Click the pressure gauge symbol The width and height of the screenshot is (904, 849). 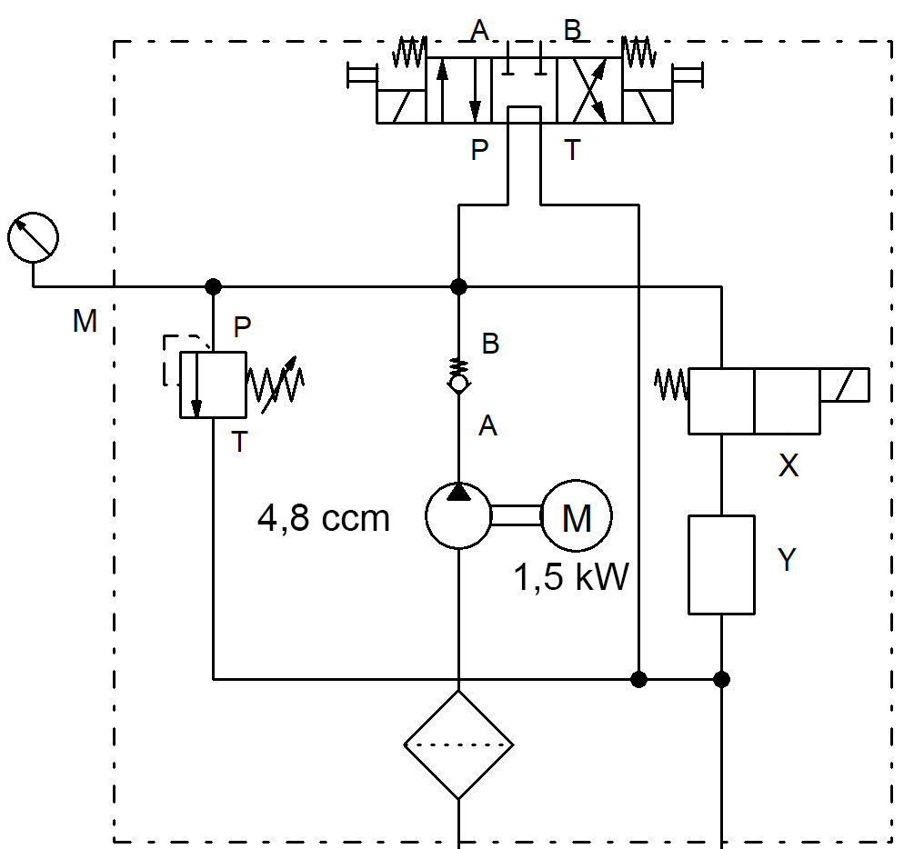(x=33, y=238)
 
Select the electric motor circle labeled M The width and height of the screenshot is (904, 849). (x=577, y=517)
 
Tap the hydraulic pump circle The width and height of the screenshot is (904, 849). (x=458, y=516)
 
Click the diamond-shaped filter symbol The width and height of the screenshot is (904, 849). (x=458, y=745)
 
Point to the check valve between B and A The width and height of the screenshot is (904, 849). (x=458, y=380)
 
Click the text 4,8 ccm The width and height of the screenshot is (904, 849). (x=324, y=518)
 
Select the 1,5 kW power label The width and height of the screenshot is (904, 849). (x=571, y=577)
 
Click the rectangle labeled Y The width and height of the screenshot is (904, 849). (x=721, y=564)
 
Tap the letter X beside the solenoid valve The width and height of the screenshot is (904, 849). (x=788, y=466)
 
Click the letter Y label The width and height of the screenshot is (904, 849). (x=788, y=560)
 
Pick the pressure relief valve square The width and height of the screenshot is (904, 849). (x=213, y=385)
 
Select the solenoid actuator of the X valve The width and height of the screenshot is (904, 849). (x=844, y=385)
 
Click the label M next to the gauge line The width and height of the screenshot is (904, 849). (x=85, y=321)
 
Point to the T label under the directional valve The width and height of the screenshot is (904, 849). (x=571, y=150)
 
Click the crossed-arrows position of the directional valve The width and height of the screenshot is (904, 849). (x=589, y=91)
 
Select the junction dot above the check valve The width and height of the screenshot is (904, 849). (x=458, y=286)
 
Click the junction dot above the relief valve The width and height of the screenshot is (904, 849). (x=213, y=286)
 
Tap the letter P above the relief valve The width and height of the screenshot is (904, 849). (x=242, y=325)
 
